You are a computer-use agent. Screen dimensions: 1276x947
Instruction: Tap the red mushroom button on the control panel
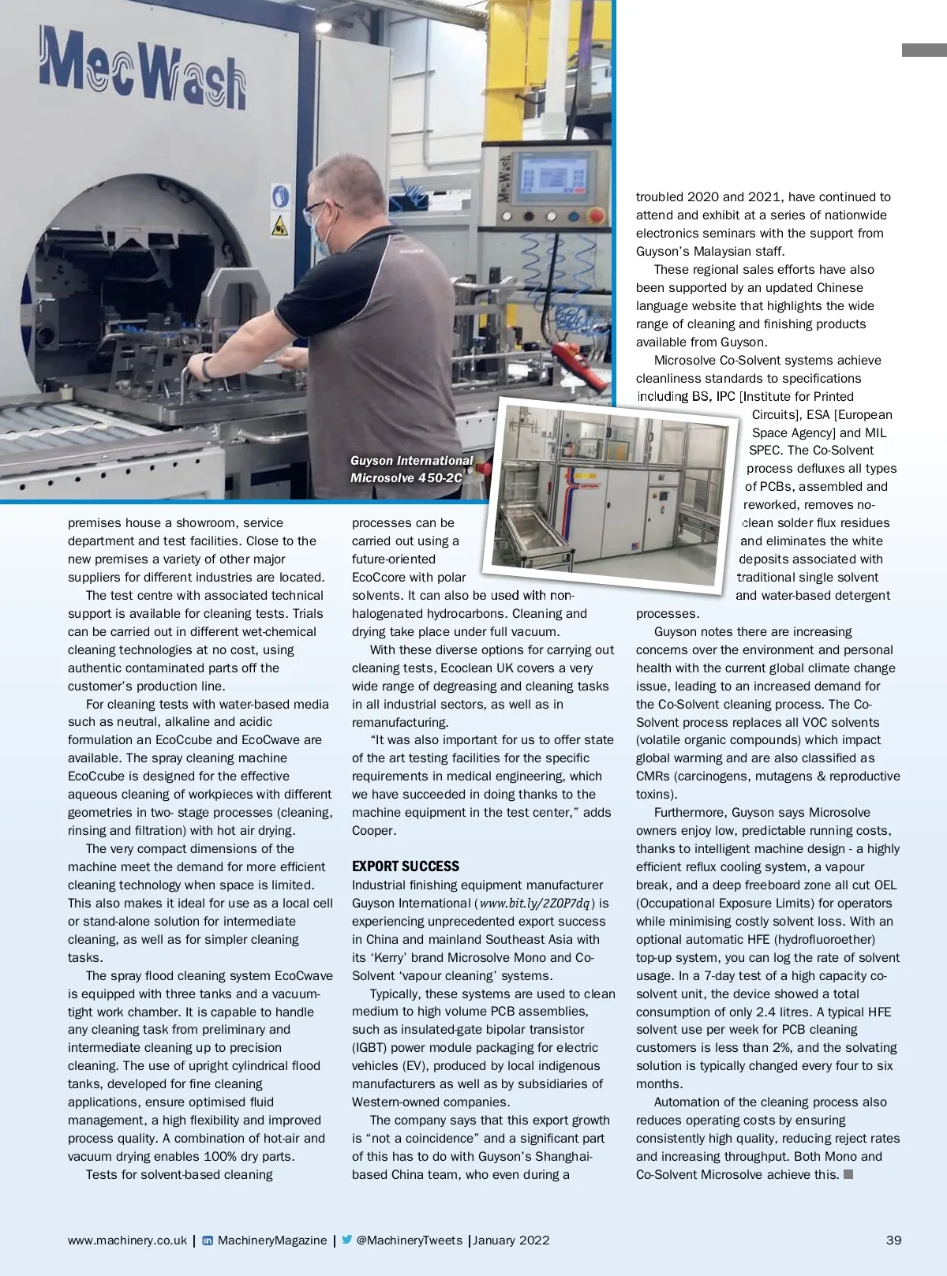click(596, 215)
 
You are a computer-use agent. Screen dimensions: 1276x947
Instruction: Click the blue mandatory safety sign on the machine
click(280, 196)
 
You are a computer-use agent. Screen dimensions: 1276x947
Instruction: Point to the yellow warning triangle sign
click(280, 225)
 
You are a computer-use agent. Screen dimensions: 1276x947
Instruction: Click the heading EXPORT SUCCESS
click(406, 866)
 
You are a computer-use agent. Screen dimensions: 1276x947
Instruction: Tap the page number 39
click(893, 1240)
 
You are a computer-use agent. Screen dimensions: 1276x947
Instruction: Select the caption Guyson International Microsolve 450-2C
click(411, 469)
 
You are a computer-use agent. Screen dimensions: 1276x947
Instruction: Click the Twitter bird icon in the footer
click(346, 1240)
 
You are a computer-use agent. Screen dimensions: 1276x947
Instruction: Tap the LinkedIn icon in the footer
click(208, 1240)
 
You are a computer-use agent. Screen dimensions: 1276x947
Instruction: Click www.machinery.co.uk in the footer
click(127, 1240)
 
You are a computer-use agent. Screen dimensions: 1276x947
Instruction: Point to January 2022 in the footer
click(511, 1240)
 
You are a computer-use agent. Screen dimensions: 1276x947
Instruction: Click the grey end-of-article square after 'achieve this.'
click(848, 1174)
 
